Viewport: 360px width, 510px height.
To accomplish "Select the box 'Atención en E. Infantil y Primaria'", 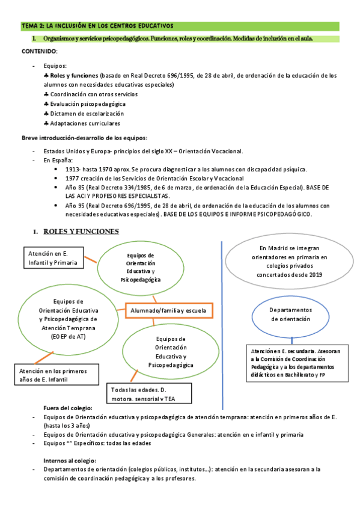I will [53, 258].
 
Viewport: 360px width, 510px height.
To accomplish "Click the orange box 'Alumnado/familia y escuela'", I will [168, 311].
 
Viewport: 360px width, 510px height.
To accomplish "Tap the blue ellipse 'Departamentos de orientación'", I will [290, 315].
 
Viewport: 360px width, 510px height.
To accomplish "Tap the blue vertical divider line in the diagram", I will [222, 313].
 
